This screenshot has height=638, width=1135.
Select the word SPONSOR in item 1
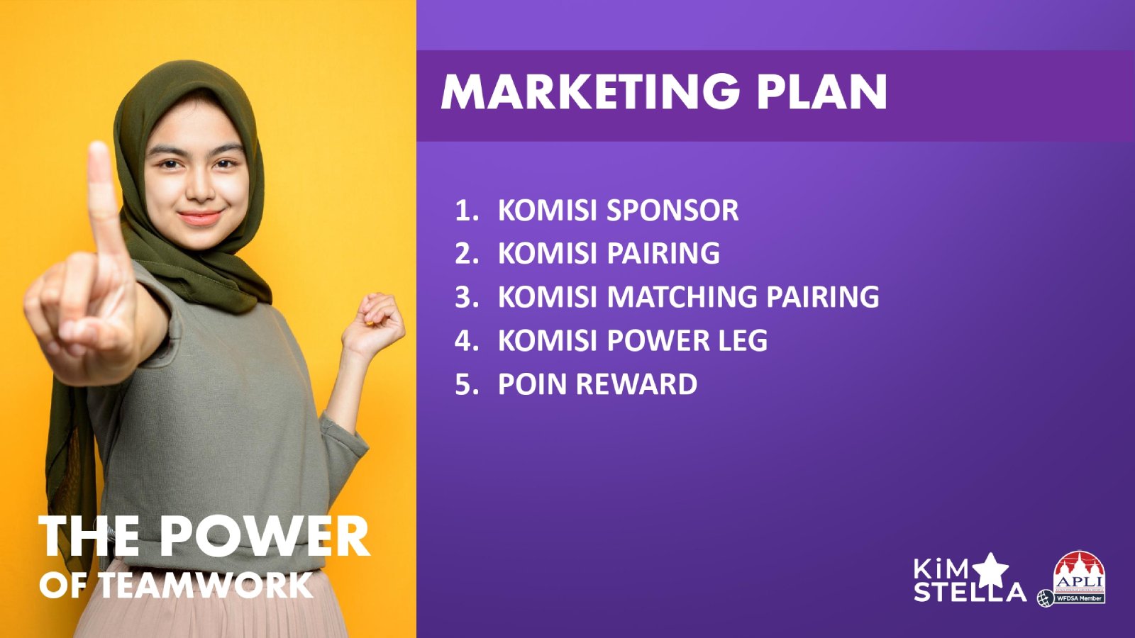tap(672, 210)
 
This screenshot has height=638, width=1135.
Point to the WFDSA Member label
tap(1080, 598)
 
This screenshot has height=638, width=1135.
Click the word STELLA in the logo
tap(970, 591)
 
